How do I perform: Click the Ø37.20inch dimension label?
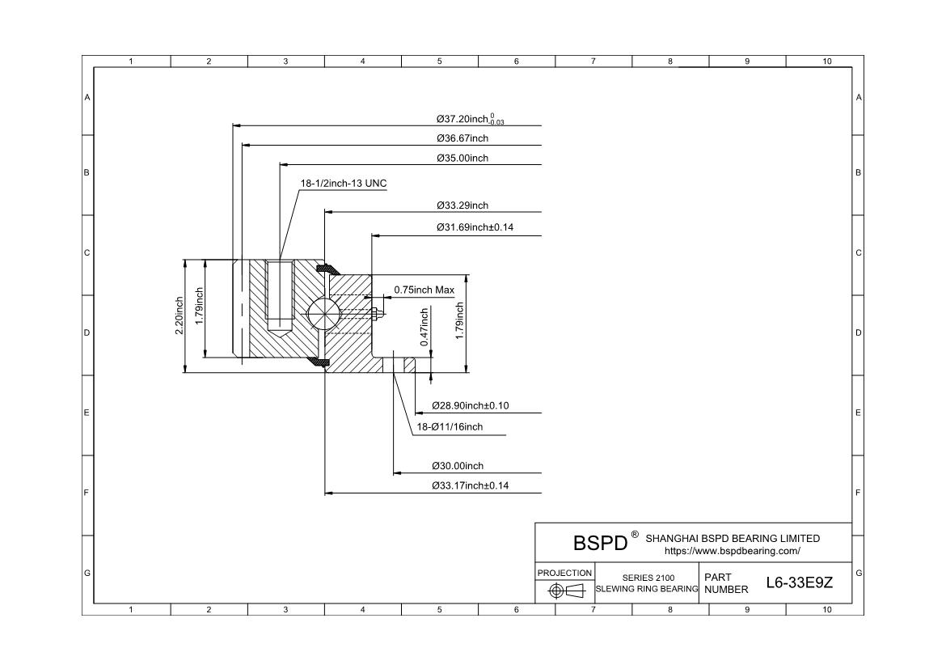tap(470, 120)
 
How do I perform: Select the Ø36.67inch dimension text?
tap(462, 138)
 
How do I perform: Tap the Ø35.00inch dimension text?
tap(462, 158)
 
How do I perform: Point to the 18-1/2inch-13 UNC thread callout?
tap(344, 184)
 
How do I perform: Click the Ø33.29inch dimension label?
tap(462, 205)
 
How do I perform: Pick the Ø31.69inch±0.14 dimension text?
tap(475, 227)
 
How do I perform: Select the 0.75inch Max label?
tap(424, 290)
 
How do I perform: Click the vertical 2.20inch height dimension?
tap(180, 315)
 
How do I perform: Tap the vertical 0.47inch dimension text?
tap(424, 327)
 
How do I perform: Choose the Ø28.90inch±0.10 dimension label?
tap(470, 405)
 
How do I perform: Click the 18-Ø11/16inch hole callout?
tap(450, 426)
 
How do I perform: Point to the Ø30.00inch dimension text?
tap(458, 466)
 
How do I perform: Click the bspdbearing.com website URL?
tap(732, 551)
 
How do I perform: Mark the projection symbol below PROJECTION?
tap(566, 591)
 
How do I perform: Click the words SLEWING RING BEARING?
tap(647, 589)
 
